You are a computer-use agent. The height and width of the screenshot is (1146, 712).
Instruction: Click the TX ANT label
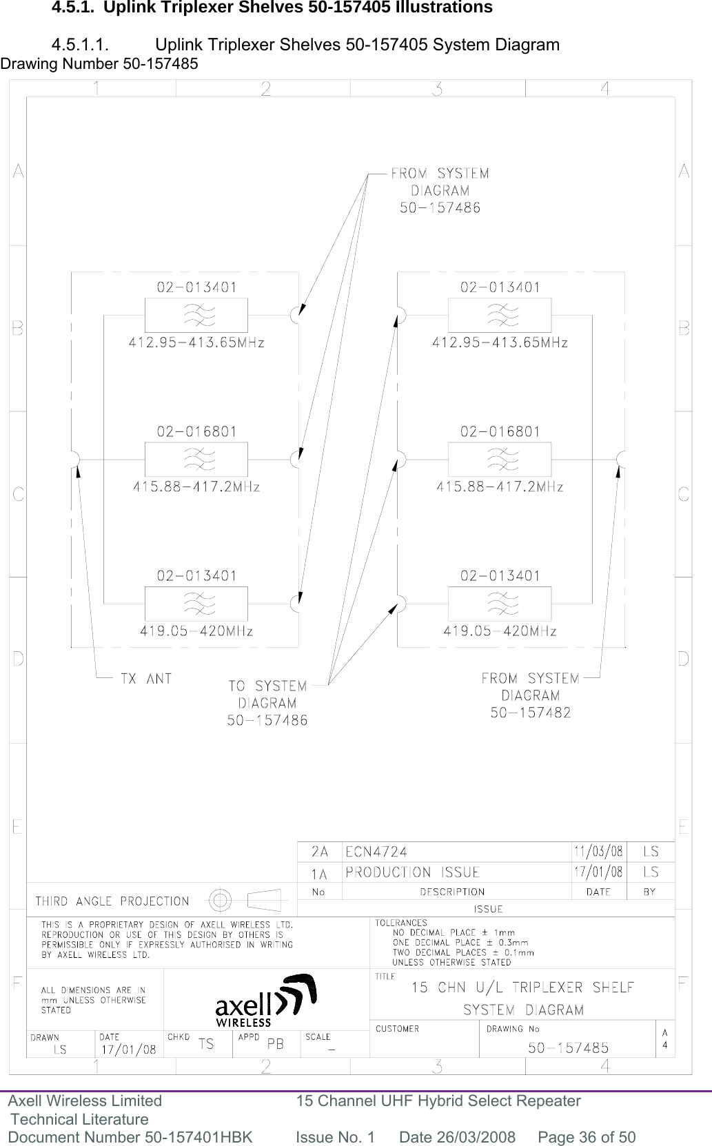[145, 679]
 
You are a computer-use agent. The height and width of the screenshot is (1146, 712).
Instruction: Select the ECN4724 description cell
[376, 852]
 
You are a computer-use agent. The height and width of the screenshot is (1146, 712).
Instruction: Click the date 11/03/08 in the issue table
[598, 852]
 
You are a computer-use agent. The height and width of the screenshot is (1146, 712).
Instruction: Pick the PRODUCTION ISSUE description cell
[412, 872]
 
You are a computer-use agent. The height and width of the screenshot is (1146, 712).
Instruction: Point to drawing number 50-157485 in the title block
[568, 1048]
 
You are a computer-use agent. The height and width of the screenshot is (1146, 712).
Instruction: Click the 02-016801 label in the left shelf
[196, 432]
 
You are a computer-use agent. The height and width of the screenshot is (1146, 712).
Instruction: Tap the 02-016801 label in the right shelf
[500, 432]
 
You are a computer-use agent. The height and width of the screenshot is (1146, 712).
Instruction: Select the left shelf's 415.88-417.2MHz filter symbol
[196, 459]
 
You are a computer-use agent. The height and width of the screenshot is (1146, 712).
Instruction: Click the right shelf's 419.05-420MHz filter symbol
[500, 604]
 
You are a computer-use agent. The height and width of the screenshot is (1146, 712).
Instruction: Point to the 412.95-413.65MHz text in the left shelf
[196, 342]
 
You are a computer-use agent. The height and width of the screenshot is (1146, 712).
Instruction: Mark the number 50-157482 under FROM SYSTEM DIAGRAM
[531, 713]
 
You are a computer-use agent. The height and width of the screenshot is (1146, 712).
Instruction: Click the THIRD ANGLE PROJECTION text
[112, 901]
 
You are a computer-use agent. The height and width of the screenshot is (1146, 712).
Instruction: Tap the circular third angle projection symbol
[220, 900]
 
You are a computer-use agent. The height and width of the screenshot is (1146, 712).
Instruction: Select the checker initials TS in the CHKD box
[205, 1044]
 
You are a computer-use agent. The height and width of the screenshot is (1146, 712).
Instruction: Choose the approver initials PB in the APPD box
[275, 1044]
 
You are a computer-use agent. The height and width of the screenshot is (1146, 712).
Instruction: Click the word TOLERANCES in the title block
[401, 923]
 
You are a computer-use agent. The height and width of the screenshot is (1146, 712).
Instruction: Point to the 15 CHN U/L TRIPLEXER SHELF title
[522, 988]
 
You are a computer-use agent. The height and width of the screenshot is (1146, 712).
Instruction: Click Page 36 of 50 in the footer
[587, 1137]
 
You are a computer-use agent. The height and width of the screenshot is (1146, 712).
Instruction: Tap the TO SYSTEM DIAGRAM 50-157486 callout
[267, 704]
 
